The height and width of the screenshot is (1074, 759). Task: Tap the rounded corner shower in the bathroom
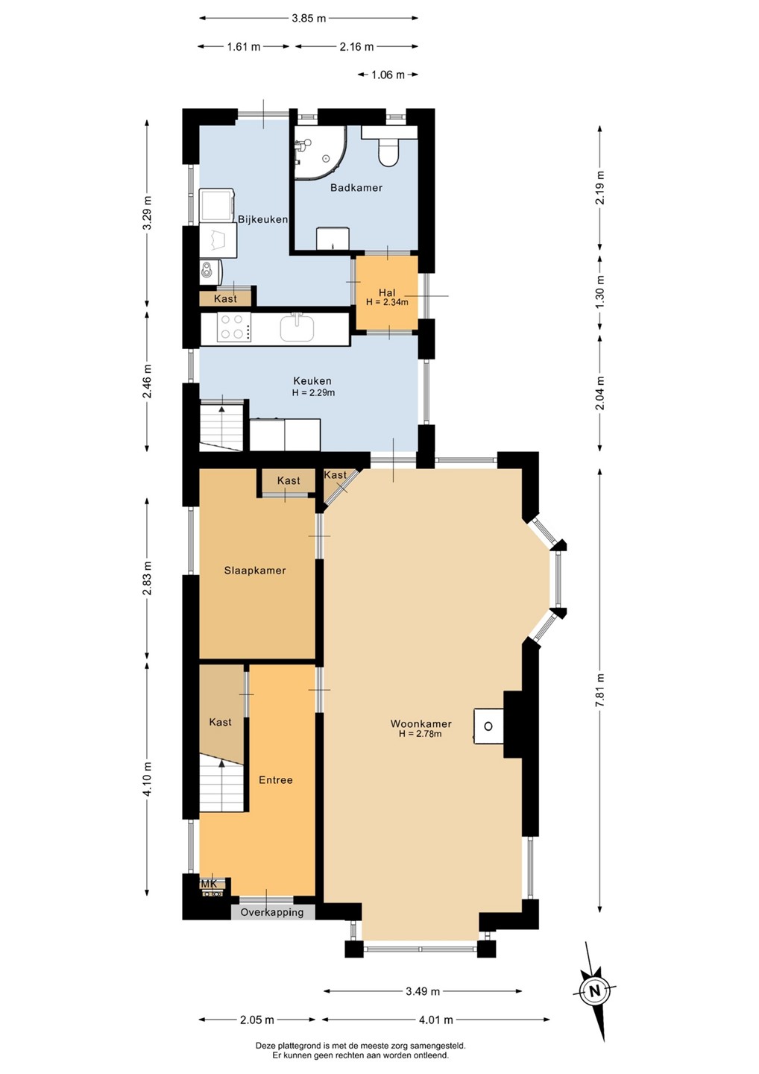pyautogui.click(x=319, y=152)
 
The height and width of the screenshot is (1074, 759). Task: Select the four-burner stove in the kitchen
pyautogui.click(x=234, y=327)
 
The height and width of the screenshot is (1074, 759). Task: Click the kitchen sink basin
pyautogui.click(x=297, y=327)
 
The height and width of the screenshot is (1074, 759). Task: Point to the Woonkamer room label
pyautogui.click(x=421, y=723)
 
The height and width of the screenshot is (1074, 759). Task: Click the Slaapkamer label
pyautogui.click(x=255, y=571)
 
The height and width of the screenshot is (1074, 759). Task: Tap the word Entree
pyautogui.click(x=276, y=780)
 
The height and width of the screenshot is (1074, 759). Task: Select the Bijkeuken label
pyautogui.click(x=262, y=219)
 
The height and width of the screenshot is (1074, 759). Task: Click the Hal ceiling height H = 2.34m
pyautogui.click(x=387, y=302)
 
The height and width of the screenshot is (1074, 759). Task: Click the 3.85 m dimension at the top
pyautogui.click(x=309, y=18)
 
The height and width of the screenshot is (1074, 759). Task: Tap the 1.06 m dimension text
pyautogui.click(x=388, y=75)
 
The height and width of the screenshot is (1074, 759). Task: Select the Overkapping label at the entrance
pyautogui.click(x=271, y=912)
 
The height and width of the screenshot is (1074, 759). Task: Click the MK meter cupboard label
pyautogui.click(x=209, y=883)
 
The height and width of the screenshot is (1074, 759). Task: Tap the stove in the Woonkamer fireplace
pyautogui.click(x=488, y=726)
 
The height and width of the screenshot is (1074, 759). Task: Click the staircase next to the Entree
pyautogui.click(x=221, y=785)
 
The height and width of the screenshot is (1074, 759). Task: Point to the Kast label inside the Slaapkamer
pyautogui.click(x=289, y=480)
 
